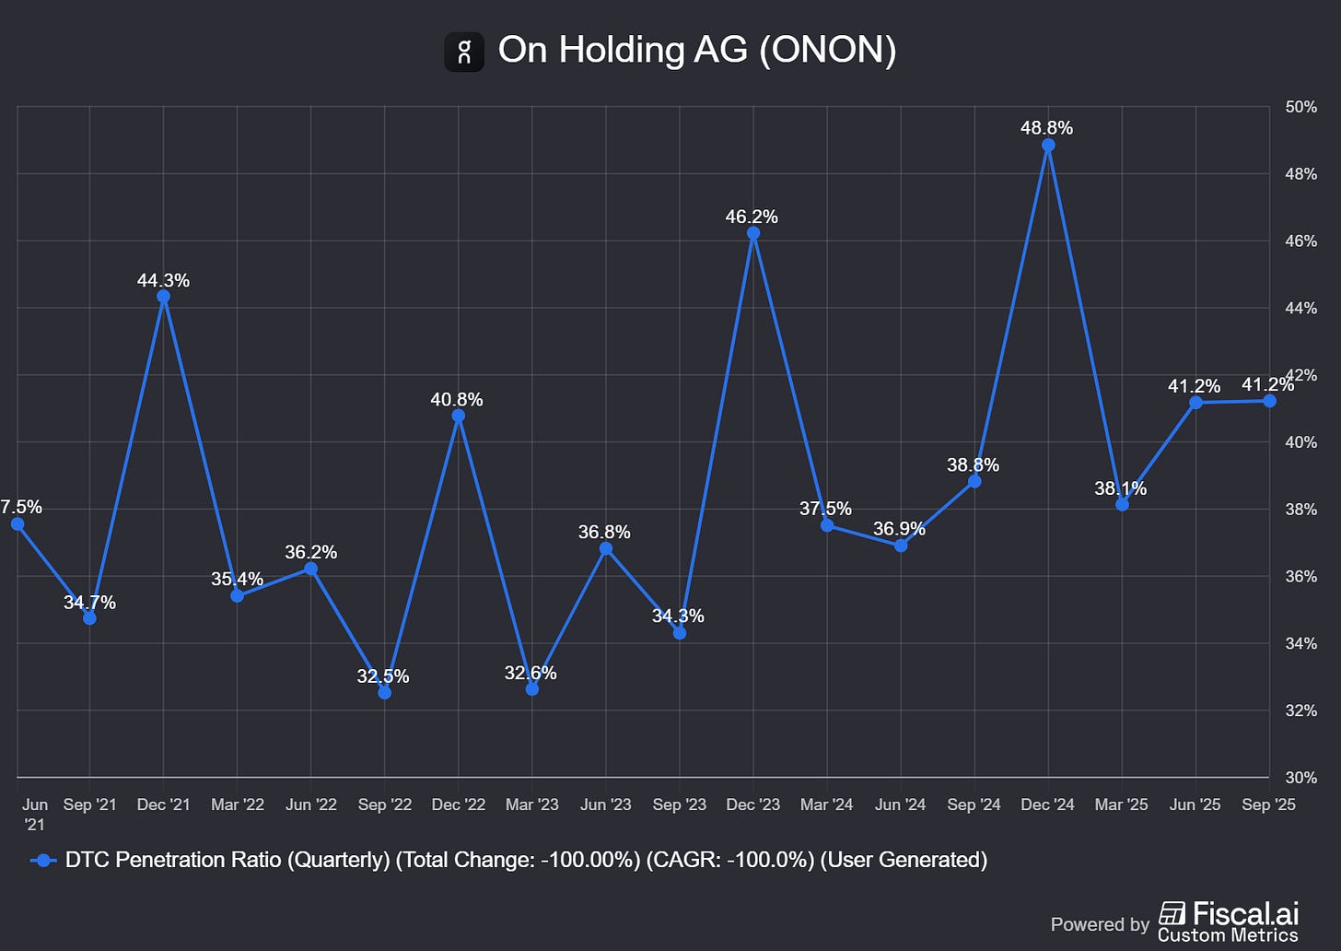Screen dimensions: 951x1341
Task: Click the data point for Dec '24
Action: [1048, 146]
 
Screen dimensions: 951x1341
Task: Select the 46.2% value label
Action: [752, 217]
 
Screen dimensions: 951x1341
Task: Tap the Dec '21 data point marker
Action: [164, 297]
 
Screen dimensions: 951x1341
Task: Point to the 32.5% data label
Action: [383, 676]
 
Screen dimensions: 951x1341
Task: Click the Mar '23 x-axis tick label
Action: [532, 804]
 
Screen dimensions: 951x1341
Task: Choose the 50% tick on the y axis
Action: [1300, 107]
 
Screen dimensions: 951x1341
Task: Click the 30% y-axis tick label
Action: [1300, 778]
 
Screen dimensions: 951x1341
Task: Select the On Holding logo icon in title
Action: [464, 52]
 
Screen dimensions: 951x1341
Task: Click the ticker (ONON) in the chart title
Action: [827, 50]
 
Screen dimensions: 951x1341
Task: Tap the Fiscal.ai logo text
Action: [1245, 913]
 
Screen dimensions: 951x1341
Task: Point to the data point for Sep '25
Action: [1269, 401]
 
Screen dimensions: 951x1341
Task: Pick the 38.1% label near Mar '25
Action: [1120, 488]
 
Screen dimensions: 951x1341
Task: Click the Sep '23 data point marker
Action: [680, 633]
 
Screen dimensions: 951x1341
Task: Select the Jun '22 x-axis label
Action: [311, 804]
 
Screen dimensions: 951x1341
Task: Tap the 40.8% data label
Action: [457, 400]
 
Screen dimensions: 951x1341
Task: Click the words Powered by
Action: [1100, 924]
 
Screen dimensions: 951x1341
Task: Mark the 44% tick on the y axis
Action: [1300, 308]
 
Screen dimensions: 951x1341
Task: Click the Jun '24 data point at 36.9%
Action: [901, 546]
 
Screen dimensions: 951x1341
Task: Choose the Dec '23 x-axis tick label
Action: [753, 804]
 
